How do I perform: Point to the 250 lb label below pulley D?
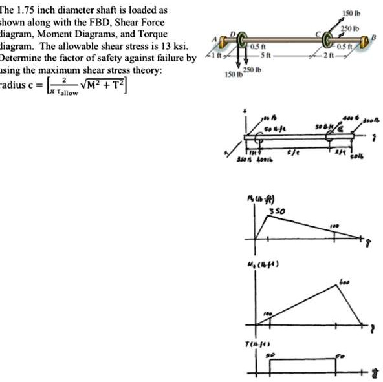coord(249,69)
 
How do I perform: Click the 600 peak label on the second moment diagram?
coord(347,282)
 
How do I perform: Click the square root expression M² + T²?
coord(105,83)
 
